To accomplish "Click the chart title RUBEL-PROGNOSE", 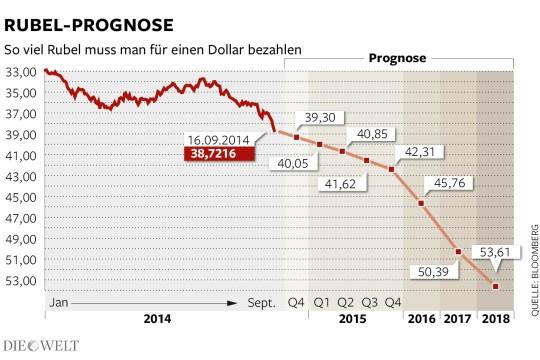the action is [x=89, y=25].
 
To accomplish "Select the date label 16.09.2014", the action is [x=218, y=140].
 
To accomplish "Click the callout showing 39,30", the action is [x=320, y=117].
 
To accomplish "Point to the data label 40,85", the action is [x=372, y=134].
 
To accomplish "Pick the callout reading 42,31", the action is [x=419, y=152].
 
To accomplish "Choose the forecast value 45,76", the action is [x=449, y=183].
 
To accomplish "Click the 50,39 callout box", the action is [x=433, y=272].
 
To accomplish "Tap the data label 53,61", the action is [x=495, y=252].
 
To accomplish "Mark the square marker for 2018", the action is [x=496, y=286].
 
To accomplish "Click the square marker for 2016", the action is [x=421, y=203].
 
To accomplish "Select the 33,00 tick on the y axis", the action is [x=21, y=72].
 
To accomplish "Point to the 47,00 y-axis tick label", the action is [x=21, y=218].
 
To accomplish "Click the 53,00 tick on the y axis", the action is [x=21, y=281].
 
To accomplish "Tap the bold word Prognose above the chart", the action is [x=397, y=58].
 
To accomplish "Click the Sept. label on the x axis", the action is [x=262, y=303].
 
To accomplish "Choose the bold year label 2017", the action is [x=457, y=319].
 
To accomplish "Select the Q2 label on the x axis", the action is [x=345, y=302].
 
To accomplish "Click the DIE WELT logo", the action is [x=41, y=346].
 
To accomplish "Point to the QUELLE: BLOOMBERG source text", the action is [x=534, y=270].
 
